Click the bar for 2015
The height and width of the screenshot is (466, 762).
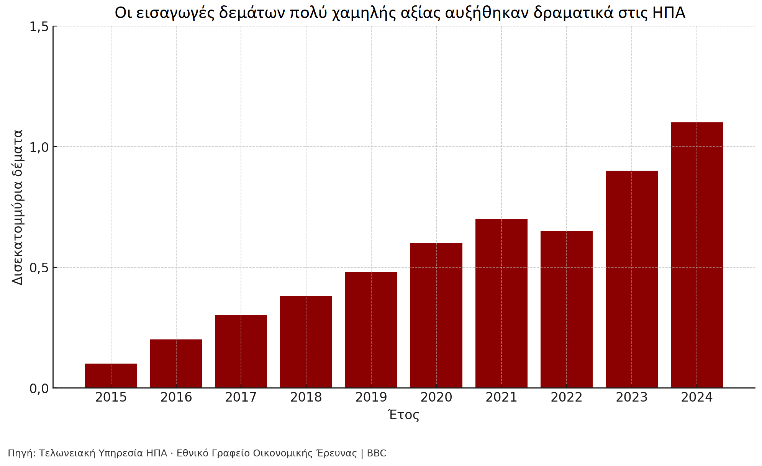tap(111, 375)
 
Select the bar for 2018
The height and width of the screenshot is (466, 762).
tap(306, 342)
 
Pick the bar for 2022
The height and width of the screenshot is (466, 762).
tap(566, 309)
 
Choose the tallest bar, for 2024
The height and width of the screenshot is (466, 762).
tap(696, 255)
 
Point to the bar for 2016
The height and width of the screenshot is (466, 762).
tap(176, 364)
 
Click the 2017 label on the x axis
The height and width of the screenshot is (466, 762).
tap(241, 397)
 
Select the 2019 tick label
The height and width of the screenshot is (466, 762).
tap(371, 397)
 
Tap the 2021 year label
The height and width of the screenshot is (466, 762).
tap(501, 397)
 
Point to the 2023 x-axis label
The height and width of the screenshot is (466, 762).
tap(631, 397)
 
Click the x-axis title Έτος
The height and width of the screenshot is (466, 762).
tap(404, 415)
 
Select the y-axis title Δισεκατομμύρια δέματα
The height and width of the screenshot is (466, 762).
tap(18, 207)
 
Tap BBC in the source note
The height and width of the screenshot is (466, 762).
tap(377, 453)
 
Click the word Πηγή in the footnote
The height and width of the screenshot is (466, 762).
tap(21, 453)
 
